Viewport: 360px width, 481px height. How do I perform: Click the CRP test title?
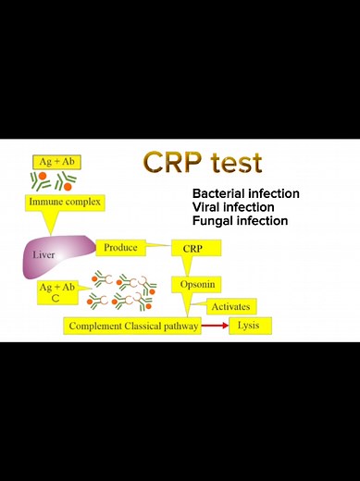[203, 163]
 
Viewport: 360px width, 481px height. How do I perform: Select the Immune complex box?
[65, 202]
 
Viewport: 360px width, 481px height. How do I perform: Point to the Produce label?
[120, 248]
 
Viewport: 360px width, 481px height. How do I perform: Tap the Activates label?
[230, 306]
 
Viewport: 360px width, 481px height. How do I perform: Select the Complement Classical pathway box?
[132, 327]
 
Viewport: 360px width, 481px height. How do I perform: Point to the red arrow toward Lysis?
[216, 327]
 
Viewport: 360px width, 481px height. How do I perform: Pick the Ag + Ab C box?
[56, 293]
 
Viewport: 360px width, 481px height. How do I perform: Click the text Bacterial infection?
[245, 193]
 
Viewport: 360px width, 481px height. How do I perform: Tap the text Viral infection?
[234, 207]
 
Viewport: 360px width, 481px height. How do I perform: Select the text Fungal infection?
[240, 221]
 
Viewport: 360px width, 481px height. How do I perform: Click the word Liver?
[43, 253]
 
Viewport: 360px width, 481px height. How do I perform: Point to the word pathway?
[180, 327]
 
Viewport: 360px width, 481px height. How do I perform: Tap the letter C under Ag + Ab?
[56, 300]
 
